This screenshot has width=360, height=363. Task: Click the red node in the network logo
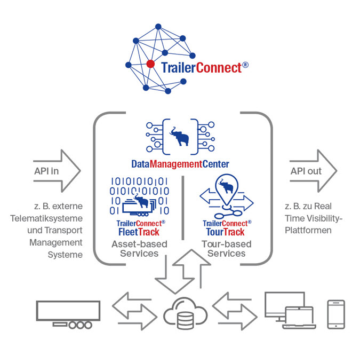tap(151, 64)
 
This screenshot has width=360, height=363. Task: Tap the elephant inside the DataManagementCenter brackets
tap(180, 138)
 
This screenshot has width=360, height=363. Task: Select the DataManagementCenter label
tap(180, 164)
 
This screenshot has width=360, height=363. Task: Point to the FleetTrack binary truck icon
tap(139, 196)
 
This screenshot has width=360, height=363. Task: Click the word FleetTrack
tap(139, 232)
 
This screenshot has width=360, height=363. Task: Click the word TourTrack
tap(226, 232)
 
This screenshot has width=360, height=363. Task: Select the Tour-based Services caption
tap(226, 249)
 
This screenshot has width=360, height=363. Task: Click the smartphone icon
tap(335, 313)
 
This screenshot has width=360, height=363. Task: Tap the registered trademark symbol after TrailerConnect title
tap(245, 65)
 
